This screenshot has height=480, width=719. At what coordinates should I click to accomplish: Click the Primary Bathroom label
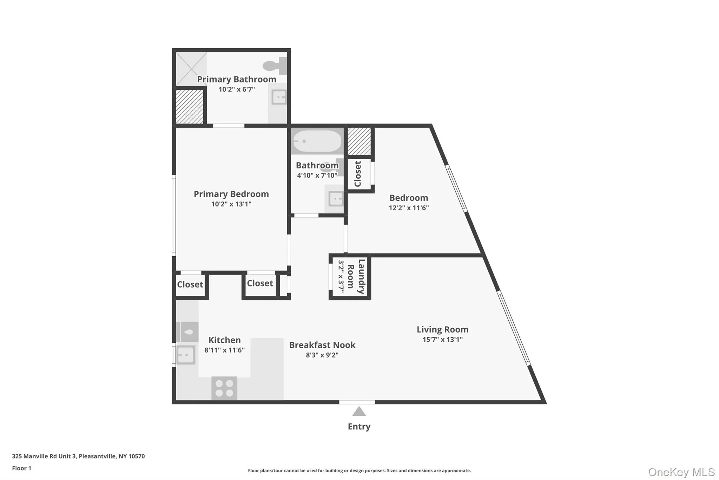pos(236,79)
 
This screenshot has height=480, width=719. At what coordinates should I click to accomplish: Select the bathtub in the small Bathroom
pos(317,141)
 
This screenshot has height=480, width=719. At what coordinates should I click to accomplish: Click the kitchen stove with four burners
pos(224,388)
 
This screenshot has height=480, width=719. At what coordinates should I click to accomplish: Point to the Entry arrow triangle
pos(359,411)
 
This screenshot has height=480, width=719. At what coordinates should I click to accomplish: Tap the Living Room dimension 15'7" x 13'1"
pos(442,339)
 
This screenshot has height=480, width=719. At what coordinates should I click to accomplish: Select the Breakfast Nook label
pos(322,345)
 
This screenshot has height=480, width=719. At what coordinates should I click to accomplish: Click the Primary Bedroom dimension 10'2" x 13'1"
pos(231,204)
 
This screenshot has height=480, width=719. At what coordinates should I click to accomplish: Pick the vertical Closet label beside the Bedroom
pos(358,174)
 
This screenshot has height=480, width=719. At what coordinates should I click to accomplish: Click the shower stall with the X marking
pos(191,69)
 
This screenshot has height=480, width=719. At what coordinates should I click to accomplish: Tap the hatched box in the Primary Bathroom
pos(189,107)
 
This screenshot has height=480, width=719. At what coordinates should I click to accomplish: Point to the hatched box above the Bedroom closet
pos(359,141)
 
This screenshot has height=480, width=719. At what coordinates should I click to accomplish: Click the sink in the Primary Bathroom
pos(279,97)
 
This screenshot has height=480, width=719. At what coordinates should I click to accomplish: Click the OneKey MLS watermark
pos(681,472)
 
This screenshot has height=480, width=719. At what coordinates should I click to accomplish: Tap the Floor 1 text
pos(21,468)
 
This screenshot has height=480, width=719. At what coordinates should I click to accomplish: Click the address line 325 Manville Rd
pos(78,456)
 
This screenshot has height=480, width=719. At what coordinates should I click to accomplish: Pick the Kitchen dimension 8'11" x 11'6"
pos(224,350)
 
